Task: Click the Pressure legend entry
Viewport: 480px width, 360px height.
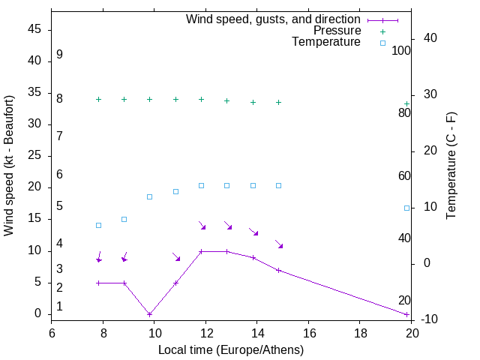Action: pos(337,31)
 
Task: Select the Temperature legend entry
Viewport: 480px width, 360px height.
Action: pos(326,42)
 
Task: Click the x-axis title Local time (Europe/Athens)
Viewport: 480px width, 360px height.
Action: pos(231,349)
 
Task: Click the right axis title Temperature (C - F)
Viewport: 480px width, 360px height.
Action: pos(451,166)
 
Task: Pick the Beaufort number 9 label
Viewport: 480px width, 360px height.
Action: pos(59,55)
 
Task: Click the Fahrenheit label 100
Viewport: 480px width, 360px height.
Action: pos(402,50)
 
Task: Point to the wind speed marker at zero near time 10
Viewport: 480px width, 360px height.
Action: pos(150,314)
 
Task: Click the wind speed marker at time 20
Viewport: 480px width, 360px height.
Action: pos(406,314)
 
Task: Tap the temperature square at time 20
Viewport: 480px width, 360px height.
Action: pos(406,208)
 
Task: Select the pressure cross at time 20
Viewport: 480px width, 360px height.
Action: pos(406,103)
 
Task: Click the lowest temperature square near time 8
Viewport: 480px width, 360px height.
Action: pos(98,225)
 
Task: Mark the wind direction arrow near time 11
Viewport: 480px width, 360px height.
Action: pos(176,257)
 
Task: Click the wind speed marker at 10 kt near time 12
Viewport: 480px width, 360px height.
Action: pos(201,251)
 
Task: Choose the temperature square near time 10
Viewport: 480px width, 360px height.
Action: pos(150,196)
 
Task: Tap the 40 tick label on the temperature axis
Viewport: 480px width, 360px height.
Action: pos(419,37)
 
